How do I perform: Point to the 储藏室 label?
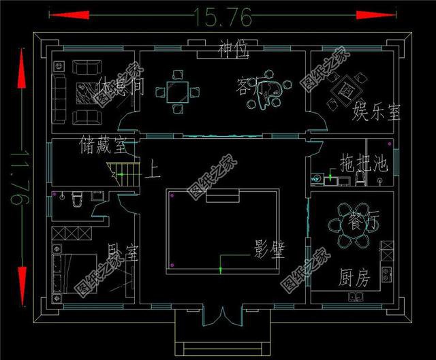click(103, 144)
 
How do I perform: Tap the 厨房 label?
click(355, 278)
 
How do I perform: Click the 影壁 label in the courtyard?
click(269, 246)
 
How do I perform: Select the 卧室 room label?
click(123, 255)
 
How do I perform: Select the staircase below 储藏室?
click(127, 174)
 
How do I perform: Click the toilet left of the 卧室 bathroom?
click(77, 199)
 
